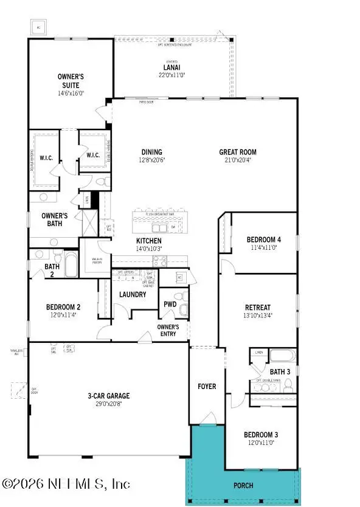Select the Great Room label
click(238, 152)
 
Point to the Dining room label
click(151, 152)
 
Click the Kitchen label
click(148, 241)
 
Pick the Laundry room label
click(133, 294)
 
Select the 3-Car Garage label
click(108, 396)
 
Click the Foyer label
click(206, 386)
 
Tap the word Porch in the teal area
click(243, 486)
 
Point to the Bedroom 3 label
click(261, 435)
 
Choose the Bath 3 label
click(280, 371)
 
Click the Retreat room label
click(258, 307)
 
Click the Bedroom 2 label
click(63, 307)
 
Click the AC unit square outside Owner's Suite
click(39, 28)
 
